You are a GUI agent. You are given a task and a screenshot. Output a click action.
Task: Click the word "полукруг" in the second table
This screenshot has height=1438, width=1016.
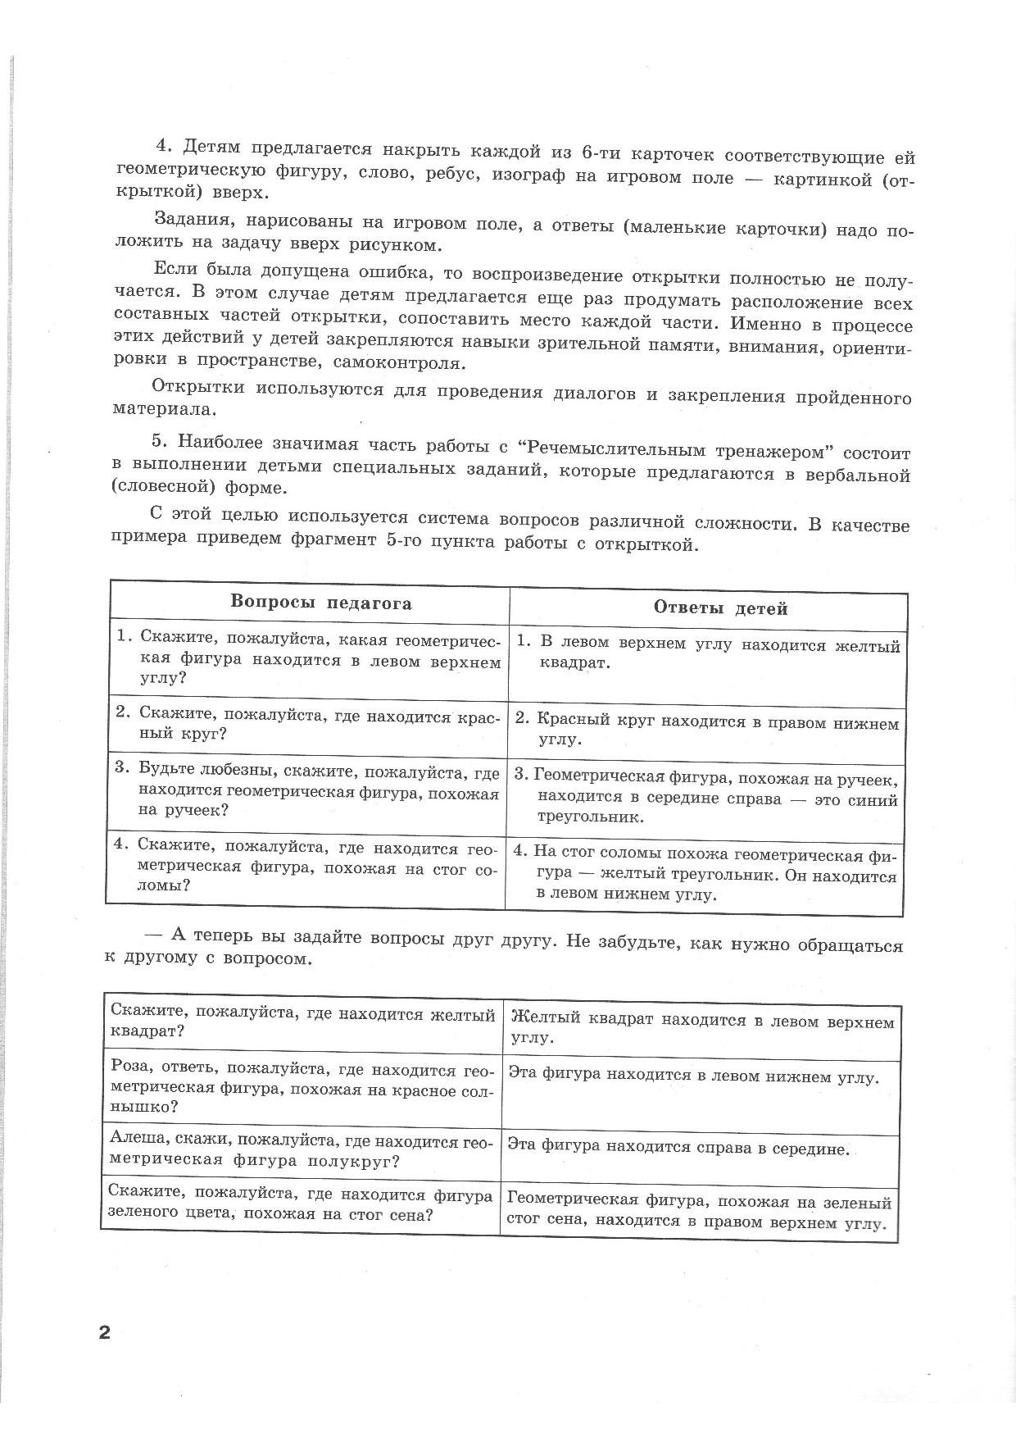[360, 1161]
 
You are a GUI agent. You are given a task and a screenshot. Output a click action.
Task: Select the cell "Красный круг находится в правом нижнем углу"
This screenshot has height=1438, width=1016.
[706, 731]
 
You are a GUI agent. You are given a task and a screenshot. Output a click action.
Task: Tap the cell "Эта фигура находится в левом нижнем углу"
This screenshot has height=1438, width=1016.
[693, 1077]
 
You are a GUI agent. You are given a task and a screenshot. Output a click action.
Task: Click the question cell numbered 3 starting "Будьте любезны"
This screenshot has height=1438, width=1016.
[307, 792]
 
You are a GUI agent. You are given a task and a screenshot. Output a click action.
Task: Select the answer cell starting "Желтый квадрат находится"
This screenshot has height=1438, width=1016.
[702, 1030]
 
